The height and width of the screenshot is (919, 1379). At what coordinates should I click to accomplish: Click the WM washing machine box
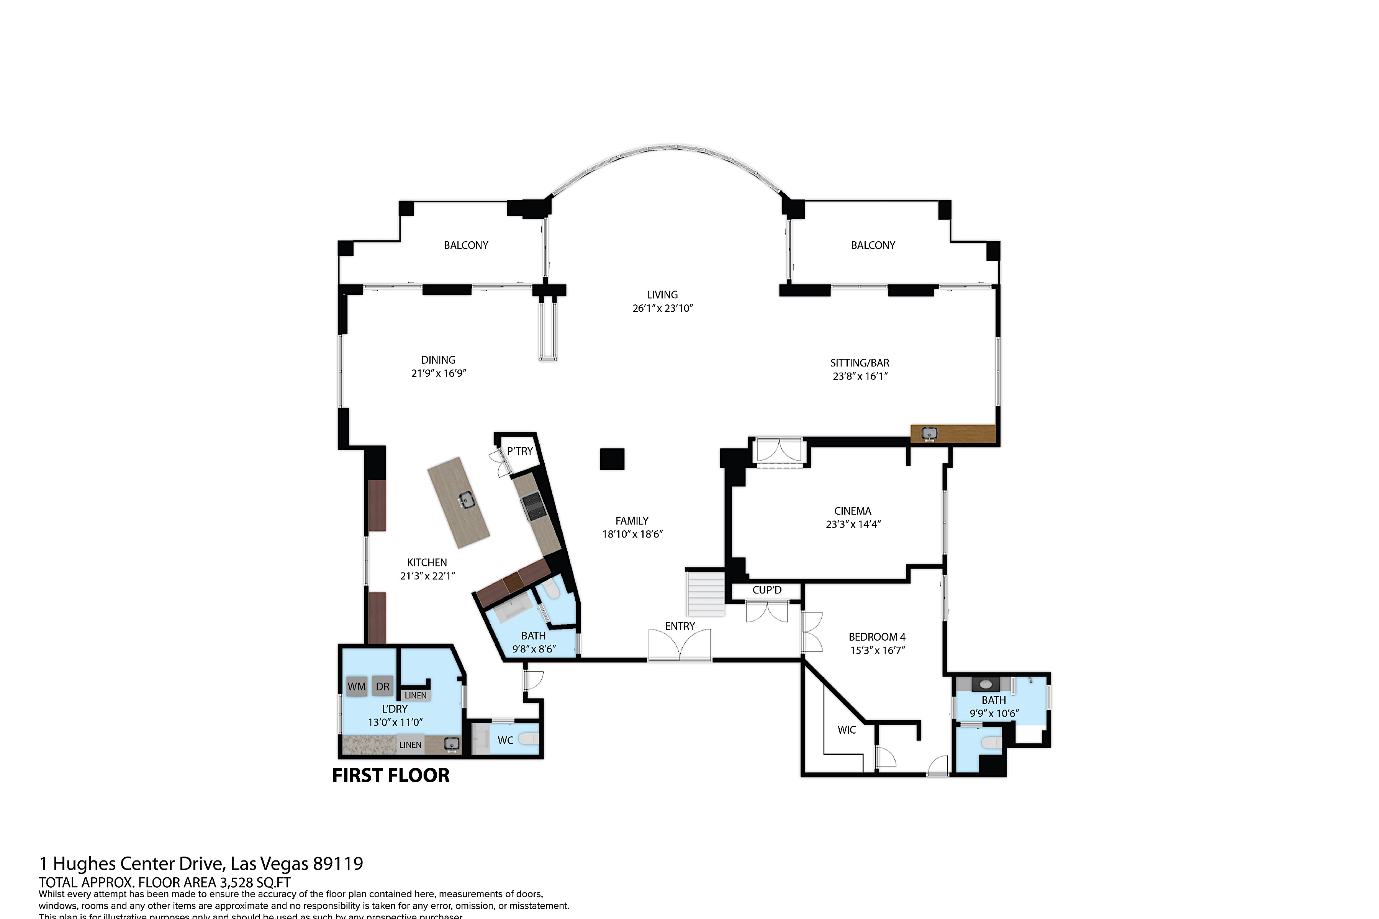(x=357, y=686)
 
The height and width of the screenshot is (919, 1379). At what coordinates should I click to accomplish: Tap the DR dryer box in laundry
(x=382, y=686)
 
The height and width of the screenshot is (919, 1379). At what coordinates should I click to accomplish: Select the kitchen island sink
(x=467, y=500)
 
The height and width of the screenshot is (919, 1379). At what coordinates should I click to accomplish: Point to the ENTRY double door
(x=680, y=645)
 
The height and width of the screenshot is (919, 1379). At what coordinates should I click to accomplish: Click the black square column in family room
(x=612, y=459)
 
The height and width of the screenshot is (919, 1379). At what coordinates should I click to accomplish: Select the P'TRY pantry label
(x=520, y=451)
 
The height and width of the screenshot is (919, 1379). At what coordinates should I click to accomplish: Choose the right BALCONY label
(x=873, y=245)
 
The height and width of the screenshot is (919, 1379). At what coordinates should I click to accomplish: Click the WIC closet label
(x=846, y=730)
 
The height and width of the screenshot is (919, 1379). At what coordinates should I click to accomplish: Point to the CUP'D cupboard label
(x=767, y=590)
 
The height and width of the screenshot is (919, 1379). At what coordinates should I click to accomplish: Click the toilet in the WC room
(x=529, y=740)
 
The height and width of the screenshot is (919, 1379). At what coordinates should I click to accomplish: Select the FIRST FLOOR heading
(x=390, y=775)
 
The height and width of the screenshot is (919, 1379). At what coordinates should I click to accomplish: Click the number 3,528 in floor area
(x=236, y=883)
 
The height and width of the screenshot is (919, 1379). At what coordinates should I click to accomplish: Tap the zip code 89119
(x=338, y=863)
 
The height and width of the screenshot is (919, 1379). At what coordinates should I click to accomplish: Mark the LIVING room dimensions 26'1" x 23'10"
(x=663, y=308)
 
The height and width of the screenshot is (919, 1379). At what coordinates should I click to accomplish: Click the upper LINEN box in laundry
(x=416, y=695)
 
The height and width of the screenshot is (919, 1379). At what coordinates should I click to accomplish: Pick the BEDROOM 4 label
(x=877, y=636)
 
